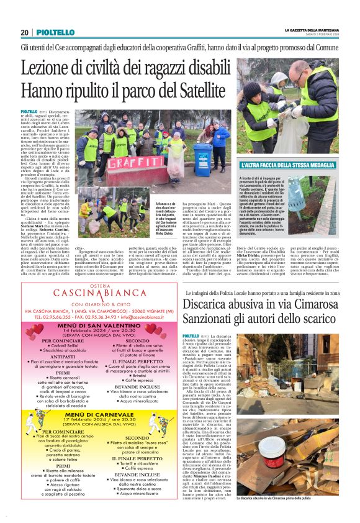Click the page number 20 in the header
pos(24,32)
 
